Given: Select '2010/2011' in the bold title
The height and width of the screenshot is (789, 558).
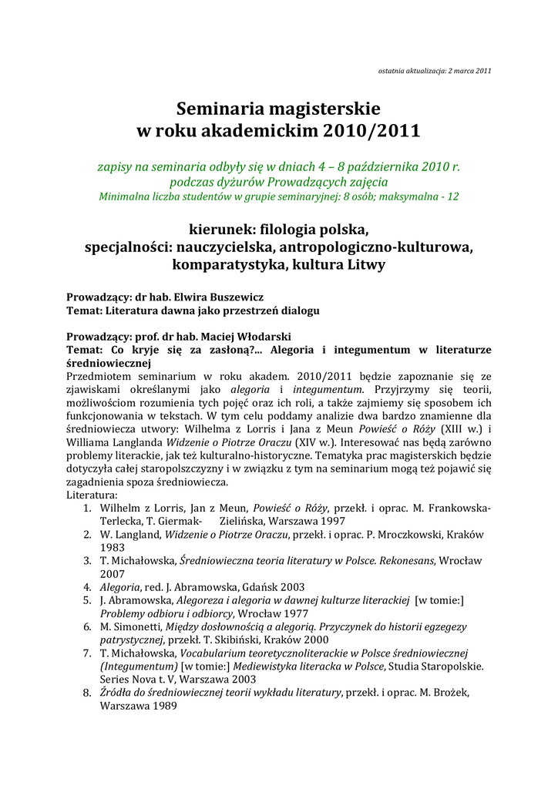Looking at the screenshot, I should pos(372,131).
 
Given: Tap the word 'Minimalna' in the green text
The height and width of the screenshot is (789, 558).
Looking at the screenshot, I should pos(126,196).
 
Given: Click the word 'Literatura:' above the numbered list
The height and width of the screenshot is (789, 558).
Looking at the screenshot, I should pos(92,495).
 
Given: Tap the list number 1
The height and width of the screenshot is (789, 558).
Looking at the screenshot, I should pos(88,509).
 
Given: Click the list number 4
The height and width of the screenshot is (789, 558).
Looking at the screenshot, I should pos(88,587).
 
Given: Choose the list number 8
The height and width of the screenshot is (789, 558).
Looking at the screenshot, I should pos(88,693).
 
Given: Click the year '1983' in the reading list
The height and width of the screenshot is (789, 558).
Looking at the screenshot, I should pos(113,548).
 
